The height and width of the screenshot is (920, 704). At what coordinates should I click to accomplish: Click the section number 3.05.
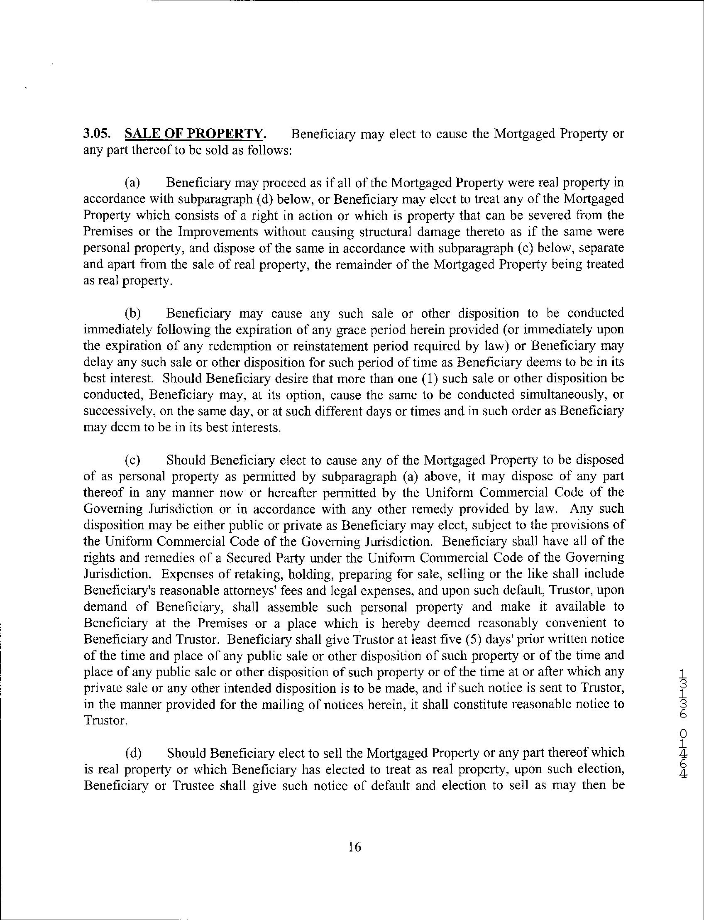97,134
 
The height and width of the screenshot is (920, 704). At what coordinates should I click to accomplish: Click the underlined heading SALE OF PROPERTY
195,134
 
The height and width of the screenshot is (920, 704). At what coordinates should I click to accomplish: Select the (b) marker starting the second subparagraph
133,313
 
